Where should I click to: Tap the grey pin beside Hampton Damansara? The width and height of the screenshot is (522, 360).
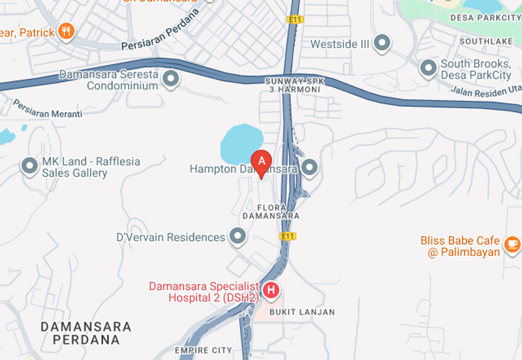coord(309,168)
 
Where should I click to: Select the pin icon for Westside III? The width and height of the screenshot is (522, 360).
coord(382,44)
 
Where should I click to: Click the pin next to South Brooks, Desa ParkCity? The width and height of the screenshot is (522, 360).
coord(428,68)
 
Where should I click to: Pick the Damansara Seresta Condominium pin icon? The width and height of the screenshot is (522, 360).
coord(171,80)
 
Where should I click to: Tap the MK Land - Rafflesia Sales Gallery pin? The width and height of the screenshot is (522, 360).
coord(29,166)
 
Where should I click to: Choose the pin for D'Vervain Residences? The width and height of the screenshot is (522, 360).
coord(238,237)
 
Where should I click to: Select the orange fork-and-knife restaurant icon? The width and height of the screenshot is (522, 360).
coord(66,31)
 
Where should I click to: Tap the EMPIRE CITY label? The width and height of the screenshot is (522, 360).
coord(204,351)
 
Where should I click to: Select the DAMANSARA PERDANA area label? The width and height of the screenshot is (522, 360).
coord(86,333)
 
